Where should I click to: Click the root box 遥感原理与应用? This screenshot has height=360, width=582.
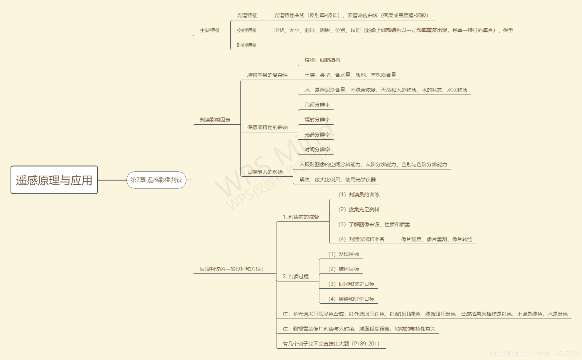click(54, 180)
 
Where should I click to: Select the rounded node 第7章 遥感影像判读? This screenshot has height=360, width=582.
click(156, 180)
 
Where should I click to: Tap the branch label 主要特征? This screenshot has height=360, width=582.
click(210, 31)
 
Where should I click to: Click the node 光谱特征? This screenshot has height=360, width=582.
click(247, 16)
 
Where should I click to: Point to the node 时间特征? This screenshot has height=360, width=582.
click(247, 45)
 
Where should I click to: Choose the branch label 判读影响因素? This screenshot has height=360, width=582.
click(215, 120)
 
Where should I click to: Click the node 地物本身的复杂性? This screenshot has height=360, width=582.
click(267, 75)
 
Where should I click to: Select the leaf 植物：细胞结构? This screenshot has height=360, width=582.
click(322, 60)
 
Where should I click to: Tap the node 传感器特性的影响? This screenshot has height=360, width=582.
click(267, 128)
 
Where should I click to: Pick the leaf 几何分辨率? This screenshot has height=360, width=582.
click(317, 105)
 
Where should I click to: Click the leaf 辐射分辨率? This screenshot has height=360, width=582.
click(317, 120)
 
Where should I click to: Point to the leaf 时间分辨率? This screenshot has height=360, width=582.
click(317, 150)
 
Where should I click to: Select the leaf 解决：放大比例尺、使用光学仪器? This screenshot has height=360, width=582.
click(338, 180)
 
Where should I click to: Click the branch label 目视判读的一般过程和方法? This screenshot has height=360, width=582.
click(231, 269)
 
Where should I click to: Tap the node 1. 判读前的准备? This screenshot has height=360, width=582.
click(301, 217)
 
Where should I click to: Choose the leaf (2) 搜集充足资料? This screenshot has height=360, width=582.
click(359, 210)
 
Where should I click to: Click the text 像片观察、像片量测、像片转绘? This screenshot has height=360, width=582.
click(437, 240)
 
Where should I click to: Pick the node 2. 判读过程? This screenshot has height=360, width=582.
click(296, 277)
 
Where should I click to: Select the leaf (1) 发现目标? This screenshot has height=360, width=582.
click(343, 255)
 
